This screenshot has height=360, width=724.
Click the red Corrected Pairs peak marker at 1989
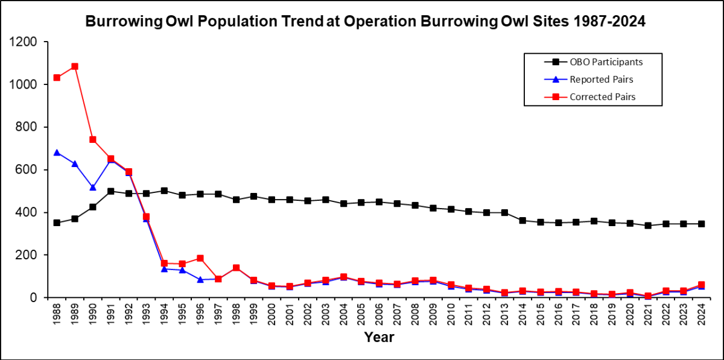coord(75,66)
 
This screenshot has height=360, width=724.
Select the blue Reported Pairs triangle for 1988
coord(57,153)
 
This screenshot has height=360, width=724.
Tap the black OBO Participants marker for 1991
coord(110,191)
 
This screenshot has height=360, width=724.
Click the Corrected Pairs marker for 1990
coord(92,139)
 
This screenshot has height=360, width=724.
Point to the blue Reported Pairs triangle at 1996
coord(200,280)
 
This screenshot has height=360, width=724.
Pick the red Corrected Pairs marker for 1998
coord(236,268)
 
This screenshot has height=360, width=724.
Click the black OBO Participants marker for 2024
coord(702,224)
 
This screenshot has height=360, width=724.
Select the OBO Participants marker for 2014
coord(522,221)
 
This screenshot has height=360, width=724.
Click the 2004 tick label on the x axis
coord(343,314)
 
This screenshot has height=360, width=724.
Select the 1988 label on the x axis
coord(57,314)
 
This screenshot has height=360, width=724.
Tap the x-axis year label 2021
coord(648,314)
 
